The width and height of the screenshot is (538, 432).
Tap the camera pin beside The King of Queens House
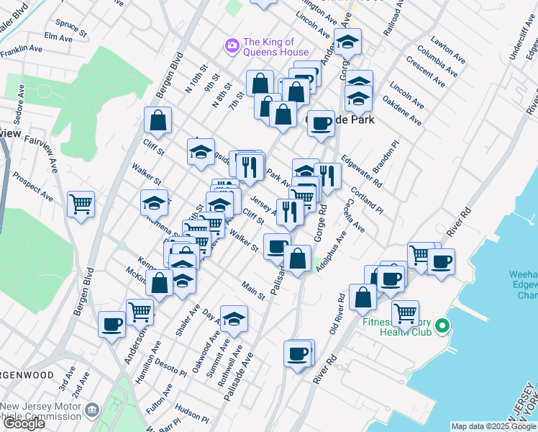click(x=232, y=46)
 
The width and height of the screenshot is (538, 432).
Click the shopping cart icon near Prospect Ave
click(x=81, y=204)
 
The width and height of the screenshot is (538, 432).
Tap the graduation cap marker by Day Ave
click(x=234, y=319)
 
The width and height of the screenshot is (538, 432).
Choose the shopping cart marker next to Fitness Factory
click(x=406, y=312)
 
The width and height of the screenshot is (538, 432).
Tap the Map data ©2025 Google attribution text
click(x=493, y=426)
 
